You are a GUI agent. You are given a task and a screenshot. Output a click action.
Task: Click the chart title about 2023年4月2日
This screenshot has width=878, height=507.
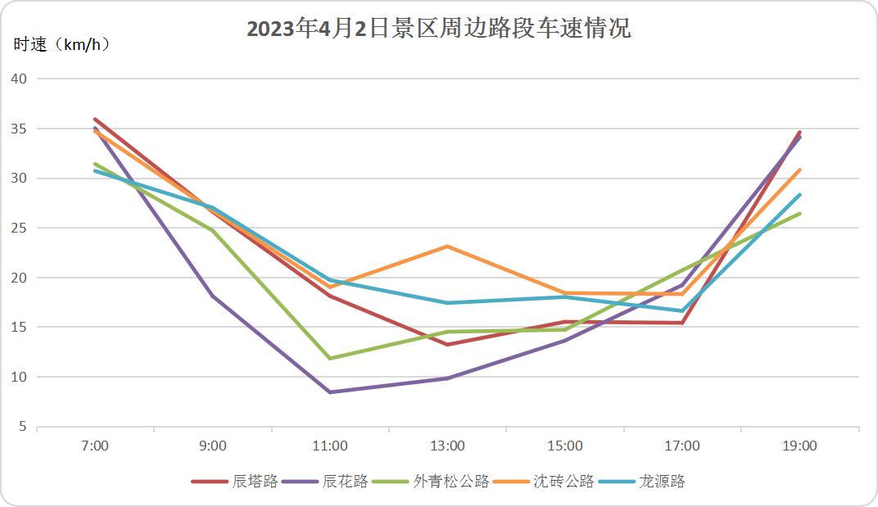439,29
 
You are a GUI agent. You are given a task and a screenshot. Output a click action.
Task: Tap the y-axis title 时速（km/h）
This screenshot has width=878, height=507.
62,45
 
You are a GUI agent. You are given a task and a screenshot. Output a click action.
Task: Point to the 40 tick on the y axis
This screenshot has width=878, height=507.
19,79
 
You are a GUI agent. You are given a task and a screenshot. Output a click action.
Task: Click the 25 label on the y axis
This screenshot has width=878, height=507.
19,229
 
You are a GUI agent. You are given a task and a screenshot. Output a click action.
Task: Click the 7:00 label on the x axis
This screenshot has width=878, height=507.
96,446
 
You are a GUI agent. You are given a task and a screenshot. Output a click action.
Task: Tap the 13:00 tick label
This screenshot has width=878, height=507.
448,446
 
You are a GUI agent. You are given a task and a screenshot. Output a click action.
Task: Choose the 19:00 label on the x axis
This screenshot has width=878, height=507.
799,446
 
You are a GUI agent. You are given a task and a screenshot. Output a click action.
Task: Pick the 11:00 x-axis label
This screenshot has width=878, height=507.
330,446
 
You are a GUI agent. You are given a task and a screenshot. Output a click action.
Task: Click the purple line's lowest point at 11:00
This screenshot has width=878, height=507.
330,392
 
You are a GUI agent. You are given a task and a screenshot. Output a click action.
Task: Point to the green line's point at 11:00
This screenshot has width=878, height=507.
330,358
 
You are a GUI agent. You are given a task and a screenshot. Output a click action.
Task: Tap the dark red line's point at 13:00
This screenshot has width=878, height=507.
448,344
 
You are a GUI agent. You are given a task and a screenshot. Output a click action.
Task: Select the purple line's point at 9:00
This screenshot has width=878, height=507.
213,296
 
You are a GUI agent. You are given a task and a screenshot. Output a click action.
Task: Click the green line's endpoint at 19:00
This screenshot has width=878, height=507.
799,214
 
